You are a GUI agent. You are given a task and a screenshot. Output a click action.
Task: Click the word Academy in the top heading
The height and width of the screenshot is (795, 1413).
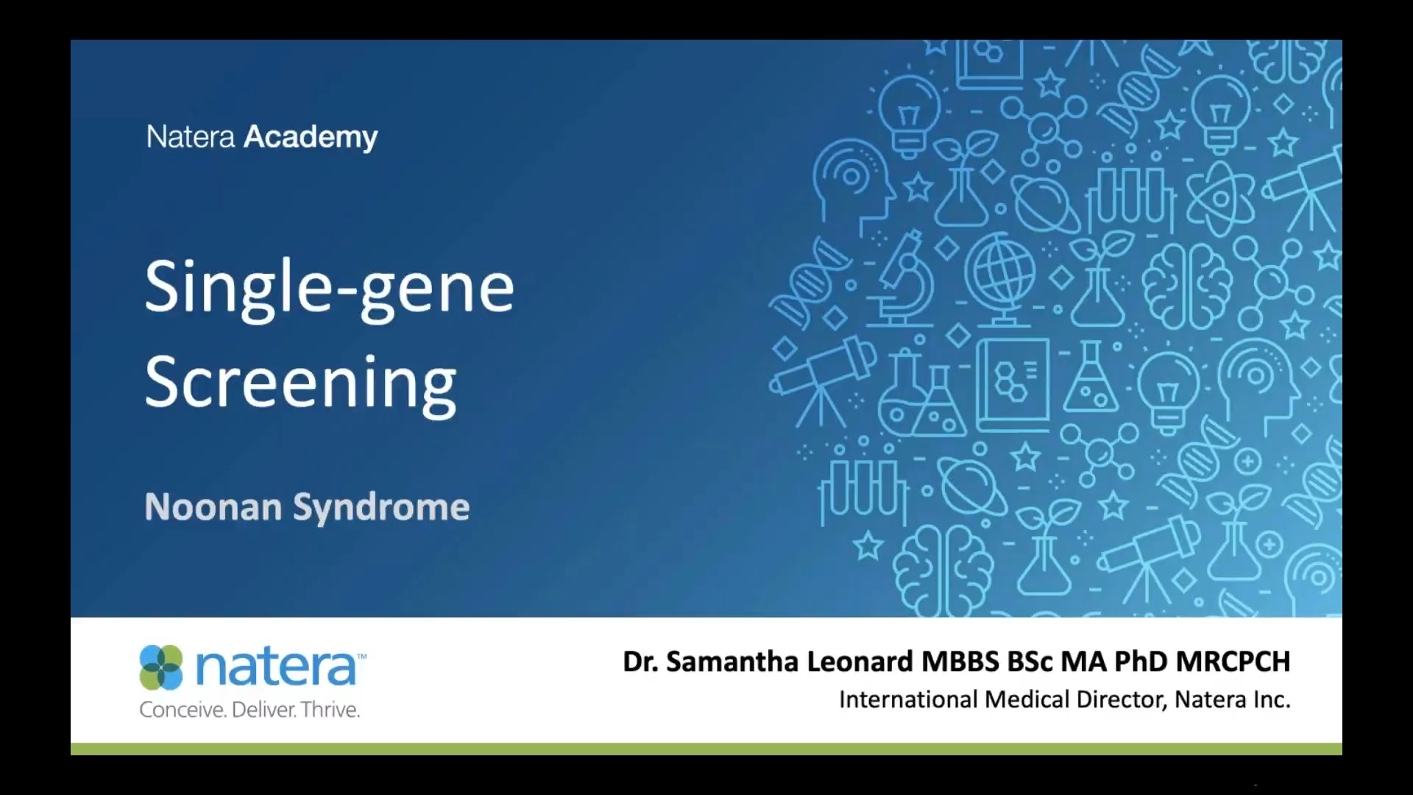click(x=311, y=137)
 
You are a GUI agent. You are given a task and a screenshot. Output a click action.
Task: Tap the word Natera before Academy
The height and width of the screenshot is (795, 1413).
click(x=190, y=137)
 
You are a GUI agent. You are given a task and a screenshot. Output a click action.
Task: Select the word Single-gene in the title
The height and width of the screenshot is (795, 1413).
click(x=329, y=287)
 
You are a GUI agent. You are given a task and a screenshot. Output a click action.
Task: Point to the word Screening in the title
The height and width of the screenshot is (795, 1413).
click(x=300, y=383)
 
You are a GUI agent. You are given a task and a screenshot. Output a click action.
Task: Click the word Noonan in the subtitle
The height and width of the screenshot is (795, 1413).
click(x=213, y=507)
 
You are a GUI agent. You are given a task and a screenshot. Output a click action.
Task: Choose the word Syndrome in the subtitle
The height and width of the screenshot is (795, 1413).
click(x=381, y=507)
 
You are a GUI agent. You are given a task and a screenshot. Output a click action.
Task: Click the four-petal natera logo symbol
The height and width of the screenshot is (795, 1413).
click(x=161, y=667)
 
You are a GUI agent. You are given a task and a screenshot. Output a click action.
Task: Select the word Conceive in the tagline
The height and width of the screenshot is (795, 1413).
click(x=182, y=710)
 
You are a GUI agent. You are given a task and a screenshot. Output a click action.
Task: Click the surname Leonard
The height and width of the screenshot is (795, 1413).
click(x=860, y=662)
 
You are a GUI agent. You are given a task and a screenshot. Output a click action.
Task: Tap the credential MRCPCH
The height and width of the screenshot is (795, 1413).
click(x=1233, y=662)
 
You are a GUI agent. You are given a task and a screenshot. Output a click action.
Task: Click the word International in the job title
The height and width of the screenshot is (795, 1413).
click(x=908, y=699)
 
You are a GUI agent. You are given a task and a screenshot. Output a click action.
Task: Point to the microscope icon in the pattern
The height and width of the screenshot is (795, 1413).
click(x=904, y=280)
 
